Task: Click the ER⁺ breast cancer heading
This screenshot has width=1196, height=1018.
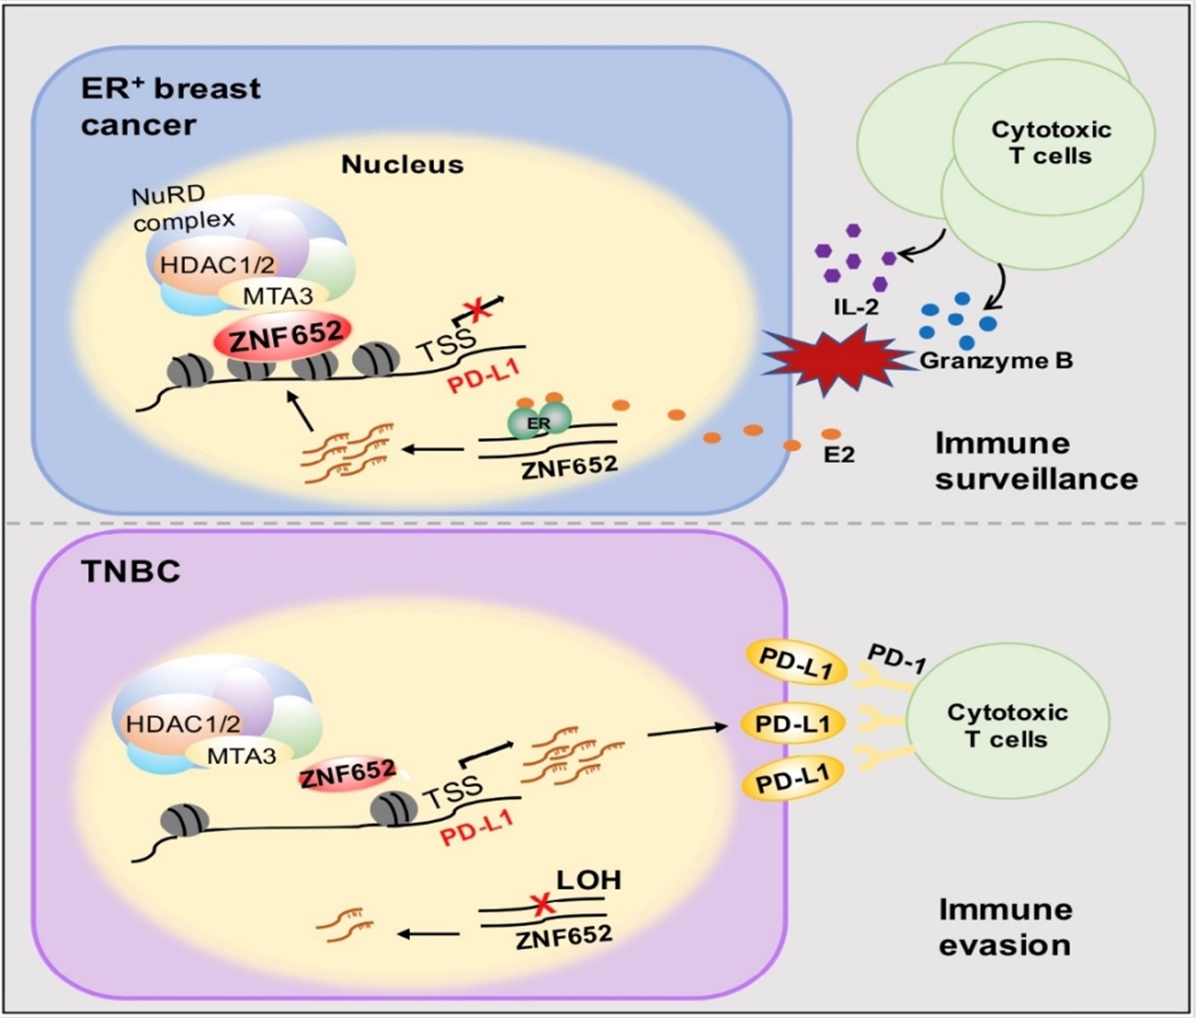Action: pyautogui.click(x=170, y=106)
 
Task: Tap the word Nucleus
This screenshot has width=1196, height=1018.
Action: pyautogui.click(x=402, y=165)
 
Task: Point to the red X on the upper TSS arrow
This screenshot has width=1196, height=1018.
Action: pyautogui.click(x=477, y=310)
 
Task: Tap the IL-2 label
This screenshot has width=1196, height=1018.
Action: pyautogui.click(x=856, y=306)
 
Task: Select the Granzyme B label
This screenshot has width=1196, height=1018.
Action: pyautogui.click(x=996, y=360)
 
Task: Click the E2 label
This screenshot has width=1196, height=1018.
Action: pyautogui.click(x=838, y=455)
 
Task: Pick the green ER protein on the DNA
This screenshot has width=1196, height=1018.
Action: pyautogui.click(x=539, y=422)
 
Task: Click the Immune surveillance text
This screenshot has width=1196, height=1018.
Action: pyautogui.click(x=1036, y=461)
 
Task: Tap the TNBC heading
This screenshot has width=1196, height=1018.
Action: pyautogui.click(x=131, y=572)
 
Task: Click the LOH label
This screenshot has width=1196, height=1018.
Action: pyautogui.click(x=588, y=880)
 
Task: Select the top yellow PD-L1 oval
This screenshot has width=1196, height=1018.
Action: pyautogui.click(x=796, y=662)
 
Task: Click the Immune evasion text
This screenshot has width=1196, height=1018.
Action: pyautogui.click(x=1005, y=927)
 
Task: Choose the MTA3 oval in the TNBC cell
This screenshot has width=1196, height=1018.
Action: pyautogui.click(x=241, y=756)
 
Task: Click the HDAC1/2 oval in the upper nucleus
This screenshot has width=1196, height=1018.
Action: pyautogui.click(x=217, y=265)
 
